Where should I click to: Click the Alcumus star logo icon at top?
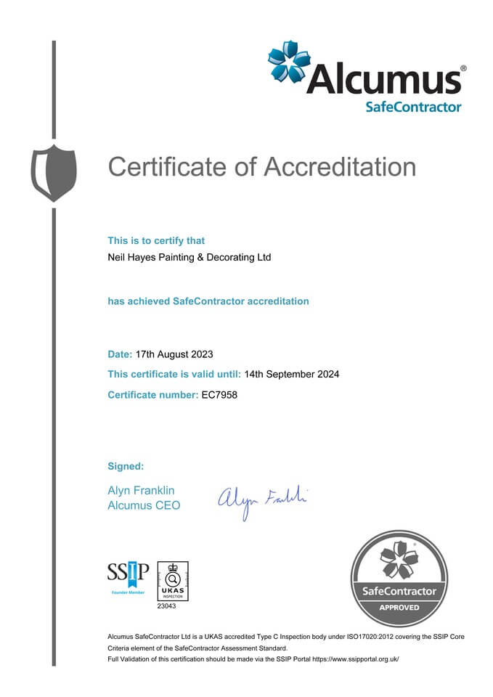(290, 62)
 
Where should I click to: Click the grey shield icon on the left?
(54, 173)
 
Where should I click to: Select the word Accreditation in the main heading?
(339, 166)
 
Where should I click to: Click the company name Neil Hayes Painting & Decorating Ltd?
(190, 257)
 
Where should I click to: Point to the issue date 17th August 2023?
(174, 354)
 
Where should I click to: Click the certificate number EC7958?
(219, 395)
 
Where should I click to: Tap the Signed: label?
(126, 465)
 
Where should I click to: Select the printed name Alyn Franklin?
(141, 491)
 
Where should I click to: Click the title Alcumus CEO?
(144, 505)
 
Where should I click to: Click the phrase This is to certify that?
(156, 240)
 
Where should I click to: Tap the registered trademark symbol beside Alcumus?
(463, 68)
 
